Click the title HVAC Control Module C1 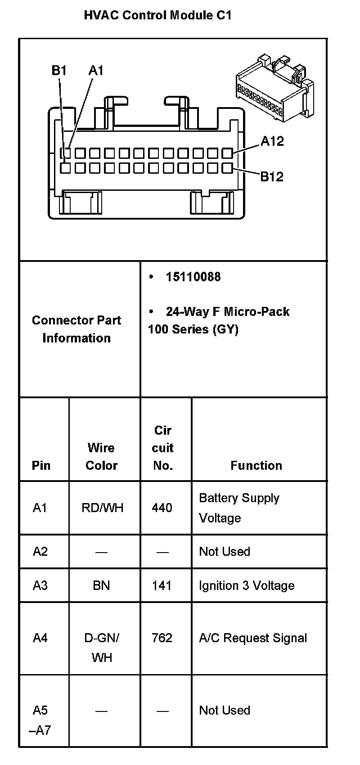tap(157, 15)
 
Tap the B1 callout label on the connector tap(59, 71)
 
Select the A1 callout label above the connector tap(96, 71)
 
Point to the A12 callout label tap(272, 141)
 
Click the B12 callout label tap(272, 176)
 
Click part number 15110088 tap(193, 277)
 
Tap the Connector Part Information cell tap(76, 329)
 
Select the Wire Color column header tap(101, 456)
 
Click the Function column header tap(256, 465)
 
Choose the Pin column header tap(41, 465)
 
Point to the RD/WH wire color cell tap(102, 508)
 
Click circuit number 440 tap(162, 508)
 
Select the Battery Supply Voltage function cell tap(239, 508)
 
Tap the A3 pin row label tap(40, 585)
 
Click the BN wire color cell tap(101, 585)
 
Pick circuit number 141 tap(162, 585)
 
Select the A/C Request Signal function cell tap(253, 638)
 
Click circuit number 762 tap(162, 638)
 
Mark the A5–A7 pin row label tap(40, 720)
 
